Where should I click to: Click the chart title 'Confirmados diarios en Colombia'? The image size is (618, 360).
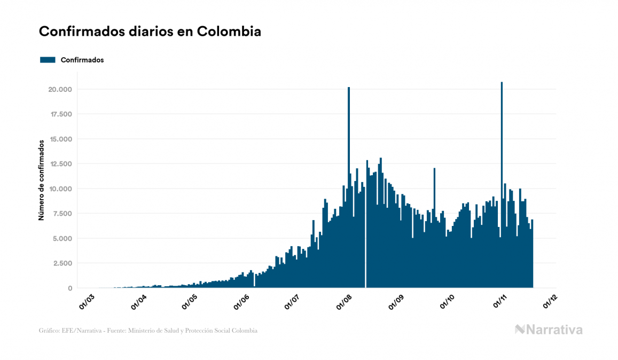pos(150,32)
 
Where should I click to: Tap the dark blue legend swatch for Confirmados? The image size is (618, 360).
pos(48,60)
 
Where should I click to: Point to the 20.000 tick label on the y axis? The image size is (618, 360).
pos(59,89)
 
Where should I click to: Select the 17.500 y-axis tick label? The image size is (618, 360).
pos(59,114)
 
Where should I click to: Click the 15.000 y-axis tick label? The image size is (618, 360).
pos(59,139)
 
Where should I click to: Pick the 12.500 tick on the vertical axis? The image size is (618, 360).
pos(59,164)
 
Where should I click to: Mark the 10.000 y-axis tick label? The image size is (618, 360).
pos(59,189)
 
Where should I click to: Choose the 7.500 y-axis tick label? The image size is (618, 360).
pos(61,214)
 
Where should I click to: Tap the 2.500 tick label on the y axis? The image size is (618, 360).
pos(61,263)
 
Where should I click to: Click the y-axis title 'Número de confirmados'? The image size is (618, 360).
pos(41,181)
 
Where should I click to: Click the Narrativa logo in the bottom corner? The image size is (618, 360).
pos(549,330)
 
